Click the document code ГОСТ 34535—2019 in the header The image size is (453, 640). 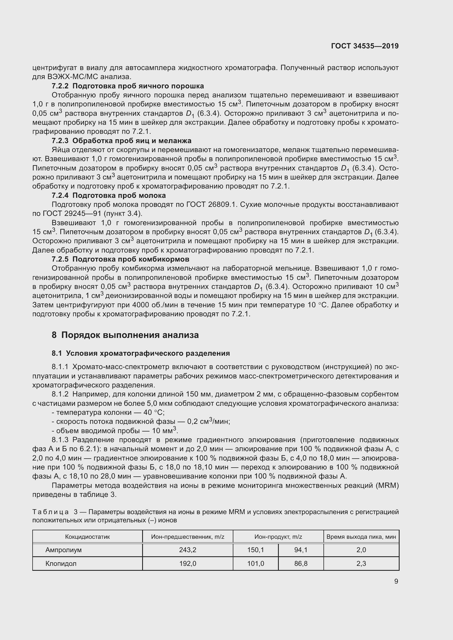coord(365,46)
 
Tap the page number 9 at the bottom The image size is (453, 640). coord(396,581)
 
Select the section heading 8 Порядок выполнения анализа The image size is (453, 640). coord(125,335)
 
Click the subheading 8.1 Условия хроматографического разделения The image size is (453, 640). coord(141,353)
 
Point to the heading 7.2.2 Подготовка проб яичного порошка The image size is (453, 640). coord(128,86)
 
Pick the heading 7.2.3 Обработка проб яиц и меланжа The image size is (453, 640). coord(121,140)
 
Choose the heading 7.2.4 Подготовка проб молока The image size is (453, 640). coord(109,195)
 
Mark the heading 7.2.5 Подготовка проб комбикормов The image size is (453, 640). coord(121,259)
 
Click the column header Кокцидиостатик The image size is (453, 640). coord(87,537)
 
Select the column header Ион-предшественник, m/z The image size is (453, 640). coord(188,537)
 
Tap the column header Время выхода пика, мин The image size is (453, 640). coord(361,537)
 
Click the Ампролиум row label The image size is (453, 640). coord(64,550)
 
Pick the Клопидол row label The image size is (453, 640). coord(61,563)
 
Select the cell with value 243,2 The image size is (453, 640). coord(188,550)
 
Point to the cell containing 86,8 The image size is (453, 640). coord(301,563)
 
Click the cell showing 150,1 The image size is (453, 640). coord(256,550)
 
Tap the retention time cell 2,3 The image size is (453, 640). coord(361,563)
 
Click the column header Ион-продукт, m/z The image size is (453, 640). coord(278,537)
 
